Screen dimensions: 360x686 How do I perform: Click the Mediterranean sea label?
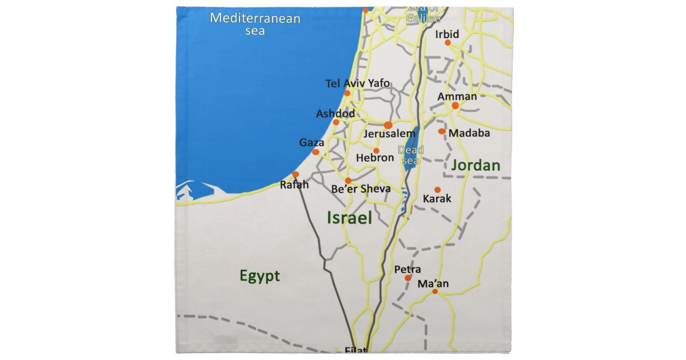click(x=255, y=24)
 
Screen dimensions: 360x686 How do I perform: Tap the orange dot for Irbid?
click(x=448, y=43)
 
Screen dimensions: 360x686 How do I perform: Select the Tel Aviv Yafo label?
click(x=358, y=83)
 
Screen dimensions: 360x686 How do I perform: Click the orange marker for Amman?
click(x=455, y=106)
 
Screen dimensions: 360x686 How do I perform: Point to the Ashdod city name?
click(x=336, y=114)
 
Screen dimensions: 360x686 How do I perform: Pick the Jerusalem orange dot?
click(x=388, y=125)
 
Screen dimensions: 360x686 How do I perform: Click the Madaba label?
click(x=469, y=133)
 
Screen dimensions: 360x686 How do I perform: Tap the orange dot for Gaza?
click(x=316, y=152)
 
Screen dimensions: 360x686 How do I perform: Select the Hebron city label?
click(x=375, y=158)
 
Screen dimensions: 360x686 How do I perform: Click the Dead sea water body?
click(x=410, y=150)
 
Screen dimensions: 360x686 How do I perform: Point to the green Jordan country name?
click(x=476, y=166)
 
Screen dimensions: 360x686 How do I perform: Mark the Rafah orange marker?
click(x=296, y=174)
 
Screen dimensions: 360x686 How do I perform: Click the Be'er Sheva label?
click(x=361, y=189)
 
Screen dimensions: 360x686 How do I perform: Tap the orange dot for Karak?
click(x=437, y=190)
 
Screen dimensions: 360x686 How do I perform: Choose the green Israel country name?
click(x=349, y=217)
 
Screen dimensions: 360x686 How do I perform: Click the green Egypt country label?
click(x=260, y=277)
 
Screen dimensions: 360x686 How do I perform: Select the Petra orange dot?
click(x=408, y=278)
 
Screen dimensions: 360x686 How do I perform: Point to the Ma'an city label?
click(x=433, y=283)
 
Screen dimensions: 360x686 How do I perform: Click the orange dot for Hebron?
click(x=376, y=151)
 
